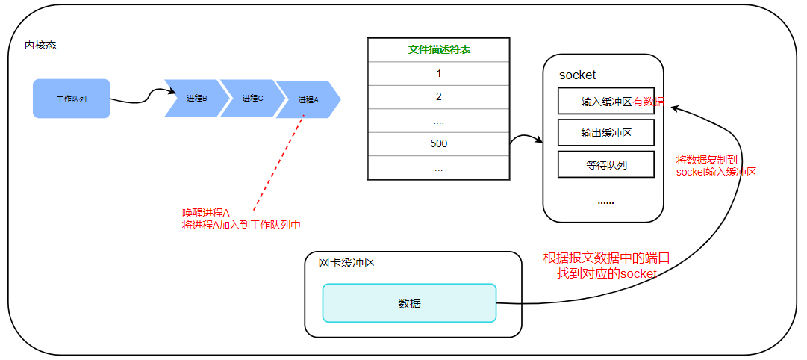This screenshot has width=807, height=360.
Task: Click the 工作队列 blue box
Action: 72,99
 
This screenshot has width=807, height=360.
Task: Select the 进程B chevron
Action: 196,99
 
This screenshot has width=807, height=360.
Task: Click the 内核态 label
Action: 40,46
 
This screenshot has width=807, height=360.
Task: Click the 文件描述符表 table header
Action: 438,50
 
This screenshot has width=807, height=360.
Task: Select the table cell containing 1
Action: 438,74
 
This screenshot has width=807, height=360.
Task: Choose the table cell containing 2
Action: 438,97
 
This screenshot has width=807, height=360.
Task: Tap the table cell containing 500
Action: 438,143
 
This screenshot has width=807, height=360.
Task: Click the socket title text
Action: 577,75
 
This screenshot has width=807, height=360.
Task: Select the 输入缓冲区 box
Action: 605,101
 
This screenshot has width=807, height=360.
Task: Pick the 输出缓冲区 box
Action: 605,133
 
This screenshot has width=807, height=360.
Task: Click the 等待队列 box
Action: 605,164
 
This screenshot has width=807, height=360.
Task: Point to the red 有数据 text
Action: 649,101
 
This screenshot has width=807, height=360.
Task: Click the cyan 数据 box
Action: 409,303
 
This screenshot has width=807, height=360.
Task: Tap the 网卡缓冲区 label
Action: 346,263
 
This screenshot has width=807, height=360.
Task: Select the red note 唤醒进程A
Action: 205,213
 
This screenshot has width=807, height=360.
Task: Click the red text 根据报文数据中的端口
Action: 606,258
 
